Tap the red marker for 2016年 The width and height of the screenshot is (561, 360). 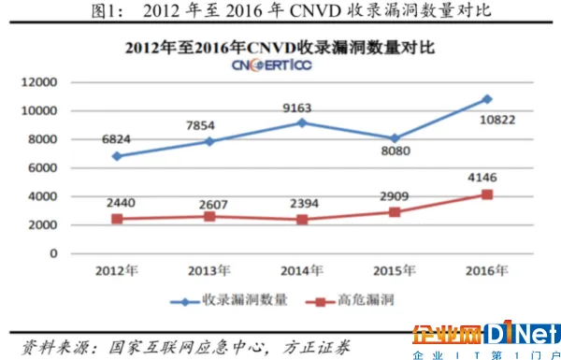click(x=486, y=194)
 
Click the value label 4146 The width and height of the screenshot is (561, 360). click(x=485, y=175)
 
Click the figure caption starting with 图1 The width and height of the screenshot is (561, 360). click(x=280, y=12)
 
